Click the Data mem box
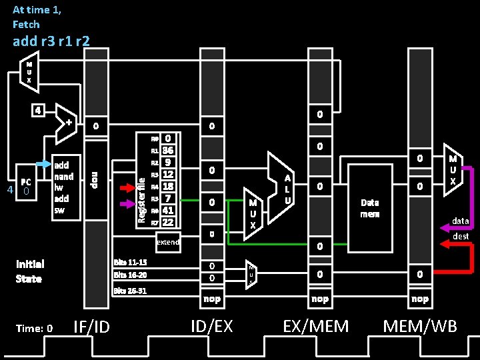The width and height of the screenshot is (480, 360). pos(370,207)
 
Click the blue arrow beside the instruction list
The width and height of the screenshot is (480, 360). pos(42,164)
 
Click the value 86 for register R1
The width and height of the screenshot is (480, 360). pos(168,151)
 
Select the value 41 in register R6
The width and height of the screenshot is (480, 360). pos(168,210)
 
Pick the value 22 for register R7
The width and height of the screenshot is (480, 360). pos(168,222)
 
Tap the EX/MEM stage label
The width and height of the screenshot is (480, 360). pos(315,326)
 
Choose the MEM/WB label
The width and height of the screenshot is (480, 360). pos(420,326)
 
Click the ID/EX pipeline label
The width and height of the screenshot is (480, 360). pos(212,326)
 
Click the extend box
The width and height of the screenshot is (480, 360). pos(167,242)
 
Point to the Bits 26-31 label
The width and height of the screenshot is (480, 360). pos(130,291)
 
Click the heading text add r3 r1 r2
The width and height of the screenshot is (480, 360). pos(51,41)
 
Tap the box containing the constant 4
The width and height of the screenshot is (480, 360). pos(39,109)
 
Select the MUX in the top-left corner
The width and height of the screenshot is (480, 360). pos(29,71)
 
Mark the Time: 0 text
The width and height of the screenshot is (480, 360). pos(35,327)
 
